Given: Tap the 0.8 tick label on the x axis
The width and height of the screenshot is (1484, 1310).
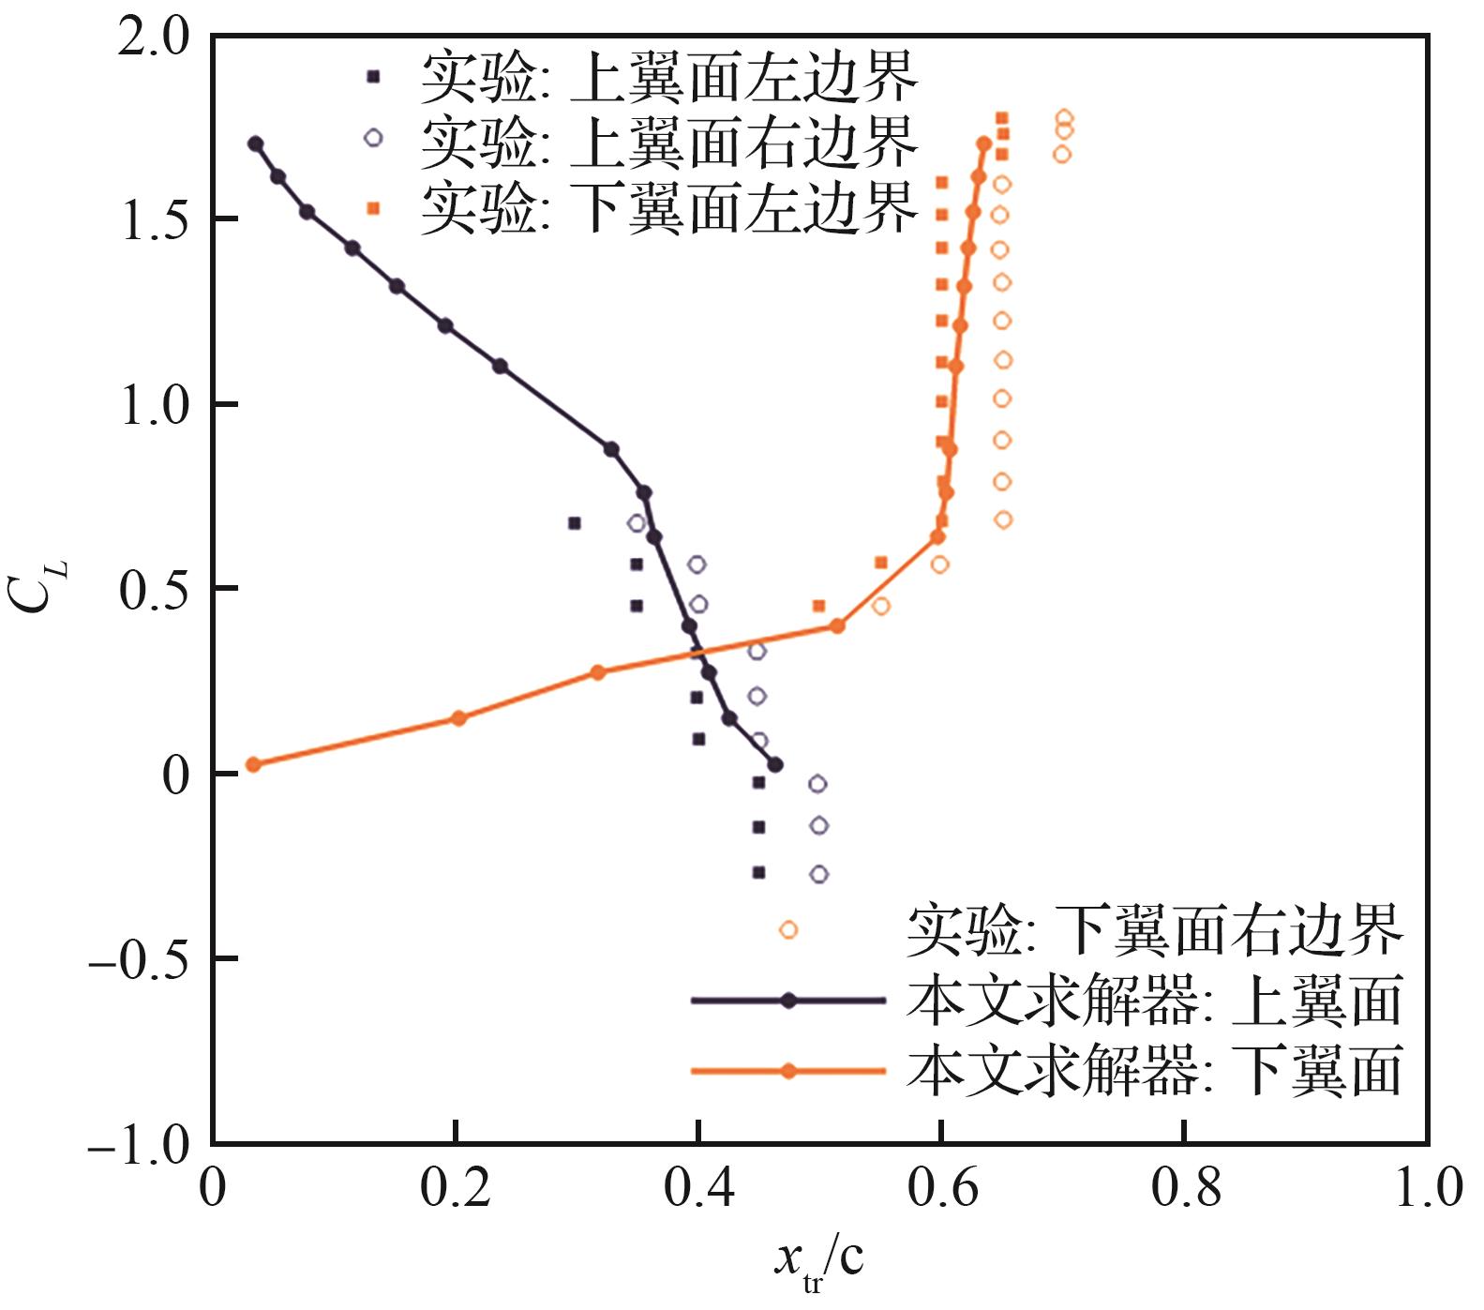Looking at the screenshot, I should click(1186, 1189).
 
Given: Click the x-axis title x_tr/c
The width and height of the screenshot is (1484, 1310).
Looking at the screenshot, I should click(817, 1262).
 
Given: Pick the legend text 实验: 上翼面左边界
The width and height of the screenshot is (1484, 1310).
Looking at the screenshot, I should click(668, 78).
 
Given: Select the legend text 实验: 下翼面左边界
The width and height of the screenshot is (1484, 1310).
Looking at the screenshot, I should click(668, 208).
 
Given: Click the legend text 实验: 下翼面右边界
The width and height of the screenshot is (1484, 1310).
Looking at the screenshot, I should click(1154, 929).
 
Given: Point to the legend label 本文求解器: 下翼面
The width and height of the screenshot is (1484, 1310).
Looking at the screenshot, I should click(1154, 1071).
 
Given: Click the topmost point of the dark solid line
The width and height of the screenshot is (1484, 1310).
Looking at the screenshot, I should click(255, 143).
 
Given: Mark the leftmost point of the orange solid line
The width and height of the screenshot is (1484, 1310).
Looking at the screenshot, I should click(252, 764).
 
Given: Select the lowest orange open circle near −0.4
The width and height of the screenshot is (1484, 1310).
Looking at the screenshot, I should click(788, 929).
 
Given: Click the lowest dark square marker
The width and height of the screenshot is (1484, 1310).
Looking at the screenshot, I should click(758, 872).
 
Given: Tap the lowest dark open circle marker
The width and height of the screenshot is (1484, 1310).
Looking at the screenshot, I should click(818, 874).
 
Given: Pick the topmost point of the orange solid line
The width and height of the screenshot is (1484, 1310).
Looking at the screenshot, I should click(983, 143).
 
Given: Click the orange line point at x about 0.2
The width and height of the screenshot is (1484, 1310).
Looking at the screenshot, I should click(457, 718).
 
